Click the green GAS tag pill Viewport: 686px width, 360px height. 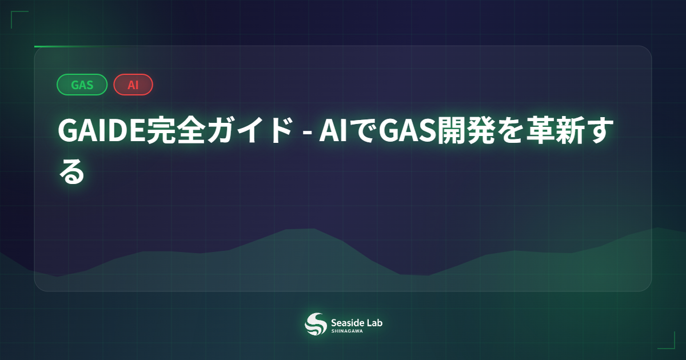82,85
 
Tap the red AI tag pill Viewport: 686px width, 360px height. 133,85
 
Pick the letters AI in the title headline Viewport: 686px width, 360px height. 332,133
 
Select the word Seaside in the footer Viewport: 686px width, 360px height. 348,322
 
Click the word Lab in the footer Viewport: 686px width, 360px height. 375,322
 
